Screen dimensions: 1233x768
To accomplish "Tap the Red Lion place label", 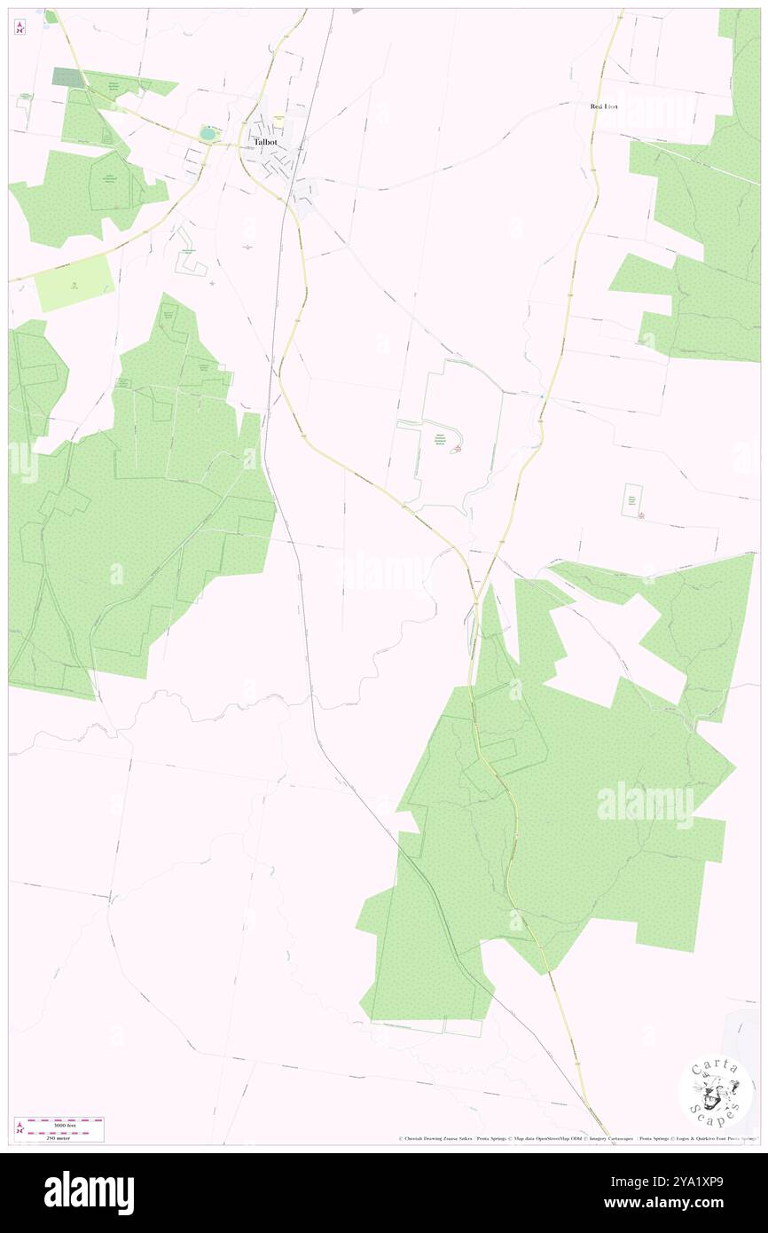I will (604, 106).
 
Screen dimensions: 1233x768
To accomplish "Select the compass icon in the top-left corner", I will (20, 28).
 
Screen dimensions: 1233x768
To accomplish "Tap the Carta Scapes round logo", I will (716, 1092).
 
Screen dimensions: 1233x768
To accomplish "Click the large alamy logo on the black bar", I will (89, 1193).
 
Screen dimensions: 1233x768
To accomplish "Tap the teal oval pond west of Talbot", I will (208, 133).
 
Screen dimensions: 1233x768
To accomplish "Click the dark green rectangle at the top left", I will (65, 76).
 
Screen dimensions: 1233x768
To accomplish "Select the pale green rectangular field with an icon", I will (74, 281).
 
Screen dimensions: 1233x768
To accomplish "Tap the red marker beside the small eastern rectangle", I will (640, 516).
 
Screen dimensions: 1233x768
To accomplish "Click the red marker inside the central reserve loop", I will (457, 450).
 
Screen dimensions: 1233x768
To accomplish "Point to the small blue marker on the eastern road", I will (542, 397).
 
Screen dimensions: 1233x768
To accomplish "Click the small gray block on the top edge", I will (357, 12).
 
